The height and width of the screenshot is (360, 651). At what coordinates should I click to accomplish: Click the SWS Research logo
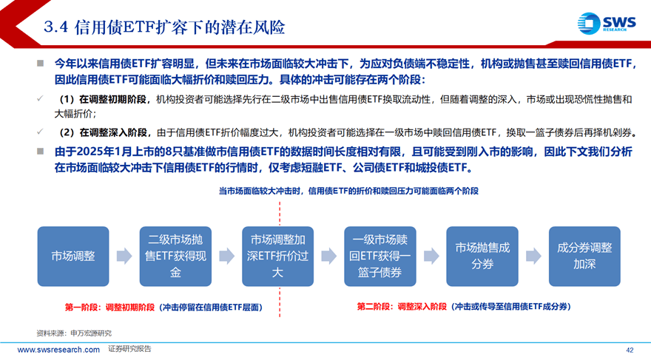pyautogui.click(x=607, y=24)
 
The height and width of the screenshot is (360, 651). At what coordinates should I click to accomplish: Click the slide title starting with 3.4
pyautogui.click(x=164, y=27)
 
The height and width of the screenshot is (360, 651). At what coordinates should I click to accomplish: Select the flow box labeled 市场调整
pyautogui.click(x=73, y=257)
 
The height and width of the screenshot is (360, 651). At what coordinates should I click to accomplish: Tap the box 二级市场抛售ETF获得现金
pyautogui.click(x=175, y=257)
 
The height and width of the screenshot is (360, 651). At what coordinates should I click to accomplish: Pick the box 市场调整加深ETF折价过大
pyautogui.click(x=277, y=257)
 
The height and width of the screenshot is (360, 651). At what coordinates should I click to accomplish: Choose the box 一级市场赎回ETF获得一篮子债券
pyautogui.click(x=380, y=257)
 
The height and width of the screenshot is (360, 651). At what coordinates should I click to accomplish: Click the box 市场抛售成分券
pyautogui.click(x=482, y=257)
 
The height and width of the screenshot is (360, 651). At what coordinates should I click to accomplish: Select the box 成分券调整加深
pyautogui.click(x=584, y=257)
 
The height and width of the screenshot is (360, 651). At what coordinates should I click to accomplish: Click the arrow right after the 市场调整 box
pyautogui.click(x=124, y=256)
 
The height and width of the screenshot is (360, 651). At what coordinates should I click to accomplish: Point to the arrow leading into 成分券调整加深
pyautogui.click(x=533, y=256)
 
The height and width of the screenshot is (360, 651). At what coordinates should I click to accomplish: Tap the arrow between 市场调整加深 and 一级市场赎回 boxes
pyautogui.click(x=328, y=256)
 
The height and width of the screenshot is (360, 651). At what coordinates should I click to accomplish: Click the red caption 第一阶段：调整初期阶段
pyautogui.click(x=109, y=308)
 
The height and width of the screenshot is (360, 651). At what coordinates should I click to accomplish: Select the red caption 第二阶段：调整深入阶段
pyautogui.click(x=402, y=307)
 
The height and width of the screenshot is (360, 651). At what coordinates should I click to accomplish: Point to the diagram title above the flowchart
pyautogui.click(x=348, y=191)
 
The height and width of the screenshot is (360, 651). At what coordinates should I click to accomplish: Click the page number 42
pyautogui.click(x=630, y=350)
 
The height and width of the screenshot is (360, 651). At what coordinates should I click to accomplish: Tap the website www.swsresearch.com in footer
pyautogui.click(x=58, y=350)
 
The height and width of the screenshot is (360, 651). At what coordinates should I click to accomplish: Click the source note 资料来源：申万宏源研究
pyautogui.click(x=74, y=333)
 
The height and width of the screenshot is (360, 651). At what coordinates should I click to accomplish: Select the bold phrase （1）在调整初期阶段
pyautogui.click(x=102, y=100)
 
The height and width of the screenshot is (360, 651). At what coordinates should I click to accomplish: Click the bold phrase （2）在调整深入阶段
pyautogui.click(x=103, y=133)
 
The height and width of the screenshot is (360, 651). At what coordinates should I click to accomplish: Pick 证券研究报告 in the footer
pyautogui.click(x=129, y=349)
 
